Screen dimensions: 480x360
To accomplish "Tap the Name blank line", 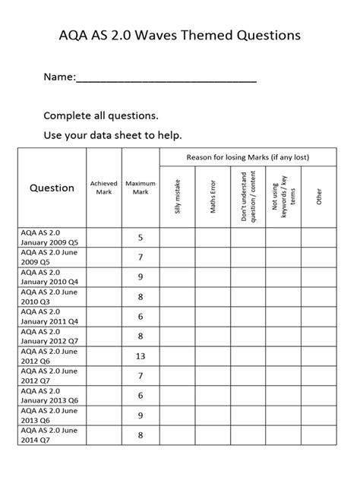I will point(166,78).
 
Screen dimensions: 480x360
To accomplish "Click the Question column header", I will point(52,188).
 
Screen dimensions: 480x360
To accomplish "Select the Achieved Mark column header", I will point(103,188).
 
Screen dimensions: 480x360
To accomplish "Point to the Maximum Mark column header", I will point(141,188).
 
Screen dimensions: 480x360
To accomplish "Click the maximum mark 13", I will point(141,356).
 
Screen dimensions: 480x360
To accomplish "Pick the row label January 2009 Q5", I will point(50,237).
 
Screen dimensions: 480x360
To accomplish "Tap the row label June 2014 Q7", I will point(50,435).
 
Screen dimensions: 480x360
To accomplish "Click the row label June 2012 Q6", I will point(50,356).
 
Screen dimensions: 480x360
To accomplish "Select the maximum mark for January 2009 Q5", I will point(141,237).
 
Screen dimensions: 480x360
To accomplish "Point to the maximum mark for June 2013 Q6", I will point(141,415).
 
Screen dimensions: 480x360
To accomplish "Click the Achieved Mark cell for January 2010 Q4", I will point(103,276).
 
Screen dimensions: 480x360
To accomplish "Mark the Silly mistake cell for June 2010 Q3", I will point(178,296).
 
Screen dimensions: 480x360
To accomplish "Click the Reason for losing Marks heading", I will point(248,157).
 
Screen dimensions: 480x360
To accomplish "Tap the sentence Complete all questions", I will point(101,115).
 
